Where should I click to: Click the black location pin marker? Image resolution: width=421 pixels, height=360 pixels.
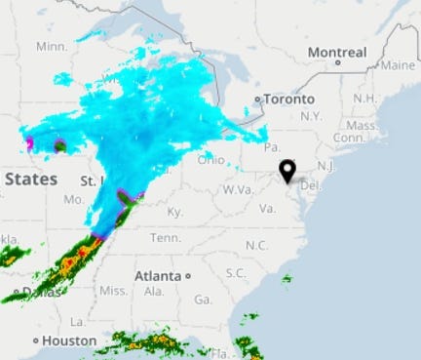click(x=287, y=172)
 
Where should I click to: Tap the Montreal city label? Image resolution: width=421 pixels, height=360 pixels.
click(x=336, y=52)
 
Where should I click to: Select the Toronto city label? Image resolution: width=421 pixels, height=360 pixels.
click(x=289, y=100)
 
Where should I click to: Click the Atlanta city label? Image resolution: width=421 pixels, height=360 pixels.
click(x=159, y=275)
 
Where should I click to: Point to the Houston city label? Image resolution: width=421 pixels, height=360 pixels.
click(x=68, y=340)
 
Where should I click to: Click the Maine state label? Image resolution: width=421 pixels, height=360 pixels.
click(x=398, y=65)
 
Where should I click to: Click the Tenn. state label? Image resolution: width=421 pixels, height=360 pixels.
click(x=165, y=238)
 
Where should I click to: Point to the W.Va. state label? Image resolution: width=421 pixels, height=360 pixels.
click(x=238, y=189)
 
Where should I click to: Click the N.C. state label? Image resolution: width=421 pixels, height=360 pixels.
click(x=256, y=245)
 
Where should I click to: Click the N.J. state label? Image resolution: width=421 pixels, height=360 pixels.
click(x=325, y=166)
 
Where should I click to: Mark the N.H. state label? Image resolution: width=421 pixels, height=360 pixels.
click(x=364, y=99)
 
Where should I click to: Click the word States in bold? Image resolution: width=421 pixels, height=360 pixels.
click(x=30, y=179)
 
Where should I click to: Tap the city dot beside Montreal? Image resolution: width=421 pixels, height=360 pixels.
click(x=337, y=63)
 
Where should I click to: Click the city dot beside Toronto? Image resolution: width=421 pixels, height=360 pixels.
click(x=257, y=100)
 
